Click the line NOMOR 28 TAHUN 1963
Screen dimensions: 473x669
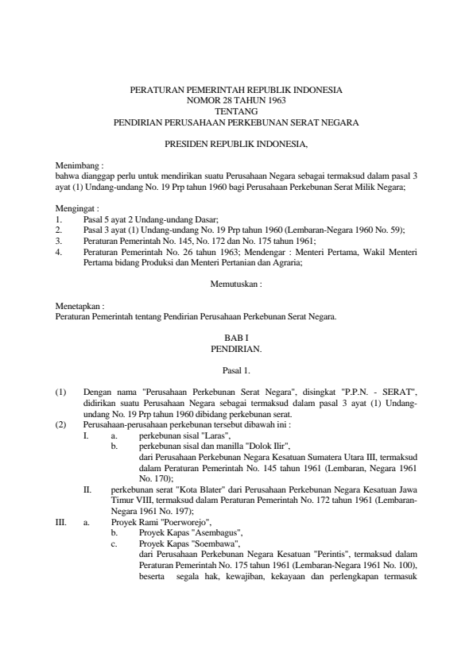point(236,102)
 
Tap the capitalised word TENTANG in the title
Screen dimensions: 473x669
point(236,112)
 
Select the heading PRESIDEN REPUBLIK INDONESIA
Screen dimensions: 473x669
point(236,145)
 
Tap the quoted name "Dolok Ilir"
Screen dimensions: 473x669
point(266,447)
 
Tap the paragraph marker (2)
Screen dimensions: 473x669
point(60,425)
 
